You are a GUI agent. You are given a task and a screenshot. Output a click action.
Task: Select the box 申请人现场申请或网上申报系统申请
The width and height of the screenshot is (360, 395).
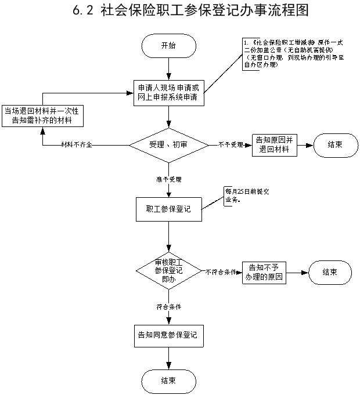[168, 92]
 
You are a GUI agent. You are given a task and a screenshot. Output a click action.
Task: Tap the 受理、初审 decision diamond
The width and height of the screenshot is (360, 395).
[168, 143]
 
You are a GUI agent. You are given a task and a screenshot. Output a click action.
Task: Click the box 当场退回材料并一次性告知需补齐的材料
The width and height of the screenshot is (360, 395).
[42, 115]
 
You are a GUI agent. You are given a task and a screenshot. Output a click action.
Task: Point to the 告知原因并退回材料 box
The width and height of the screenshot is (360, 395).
[273, 144]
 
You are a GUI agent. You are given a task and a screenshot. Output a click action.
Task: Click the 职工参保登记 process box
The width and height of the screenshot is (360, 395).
[168, 209]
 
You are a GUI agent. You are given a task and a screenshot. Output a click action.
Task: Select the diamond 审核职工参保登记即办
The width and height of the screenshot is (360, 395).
[168, 270]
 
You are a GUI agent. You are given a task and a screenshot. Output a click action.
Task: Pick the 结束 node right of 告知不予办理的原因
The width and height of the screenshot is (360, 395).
[330, 271]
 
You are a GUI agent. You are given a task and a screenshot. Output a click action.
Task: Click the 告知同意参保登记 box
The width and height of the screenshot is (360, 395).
[168, 335]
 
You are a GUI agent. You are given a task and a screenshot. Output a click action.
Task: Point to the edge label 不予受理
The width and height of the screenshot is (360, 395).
[230, 144]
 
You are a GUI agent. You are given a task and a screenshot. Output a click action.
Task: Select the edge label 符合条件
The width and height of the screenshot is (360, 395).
[168, 305]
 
